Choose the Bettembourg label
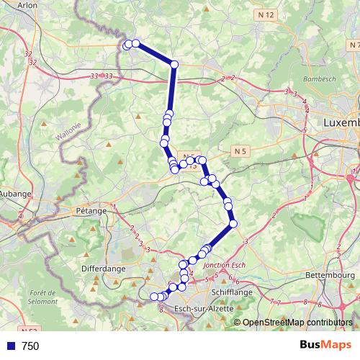coord(330,274)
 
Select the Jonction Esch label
coord(225,265)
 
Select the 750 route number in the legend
coord(30,346)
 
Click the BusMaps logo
coord(325,346)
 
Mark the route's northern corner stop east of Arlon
coord(174,65)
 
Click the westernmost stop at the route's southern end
coord(153,297)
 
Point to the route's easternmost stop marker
coord(233,225)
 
